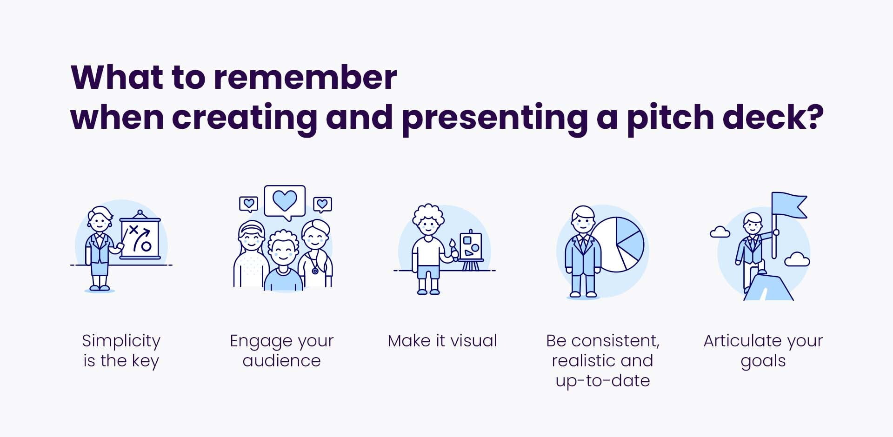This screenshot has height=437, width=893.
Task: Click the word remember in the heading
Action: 305,77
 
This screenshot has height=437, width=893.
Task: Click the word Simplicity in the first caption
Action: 121,341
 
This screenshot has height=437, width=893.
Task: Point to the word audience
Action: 281,361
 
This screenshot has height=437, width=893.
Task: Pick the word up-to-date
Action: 603,381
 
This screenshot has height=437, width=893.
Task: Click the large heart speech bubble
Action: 285,201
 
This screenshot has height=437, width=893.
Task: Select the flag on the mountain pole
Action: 789,205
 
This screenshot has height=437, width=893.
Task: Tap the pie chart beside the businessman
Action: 620,244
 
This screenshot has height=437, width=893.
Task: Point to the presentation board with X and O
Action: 140,238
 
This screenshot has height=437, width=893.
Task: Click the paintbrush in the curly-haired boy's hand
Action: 453,247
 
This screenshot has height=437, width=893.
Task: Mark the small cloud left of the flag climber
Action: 720,232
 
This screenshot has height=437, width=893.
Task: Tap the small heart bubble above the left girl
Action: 248,204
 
